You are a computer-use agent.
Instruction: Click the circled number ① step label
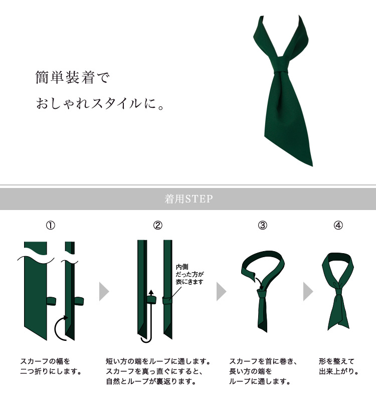tap(51, 225)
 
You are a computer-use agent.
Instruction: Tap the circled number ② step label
tap(158, 225)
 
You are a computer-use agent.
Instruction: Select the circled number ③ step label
tap(262, 225)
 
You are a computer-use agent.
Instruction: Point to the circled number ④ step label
tap(338, 225)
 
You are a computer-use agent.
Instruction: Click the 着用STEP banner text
tap(189, 199)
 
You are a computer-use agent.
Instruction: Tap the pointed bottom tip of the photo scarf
tap(312, 166)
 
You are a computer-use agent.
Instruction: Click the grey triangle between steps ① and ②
tap(104, 292)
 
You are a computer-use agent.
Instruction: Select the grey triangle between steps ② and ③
tap(222, 292)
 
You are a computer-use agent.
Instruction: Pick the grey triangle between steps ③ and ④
tap(308, 292)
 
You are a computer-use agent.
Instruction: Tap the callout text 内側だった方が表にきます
tap(190, 274)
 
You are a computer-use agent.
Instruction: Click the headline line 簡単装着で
tap(72, 77)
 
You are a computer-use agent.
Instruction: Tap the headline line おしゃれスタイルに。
tap(100, 103)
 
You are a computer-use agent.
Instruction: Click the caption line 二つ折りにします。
tap(51, 371)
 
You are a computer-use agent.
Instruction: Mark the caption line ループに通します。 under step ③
tap(260, 381)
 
